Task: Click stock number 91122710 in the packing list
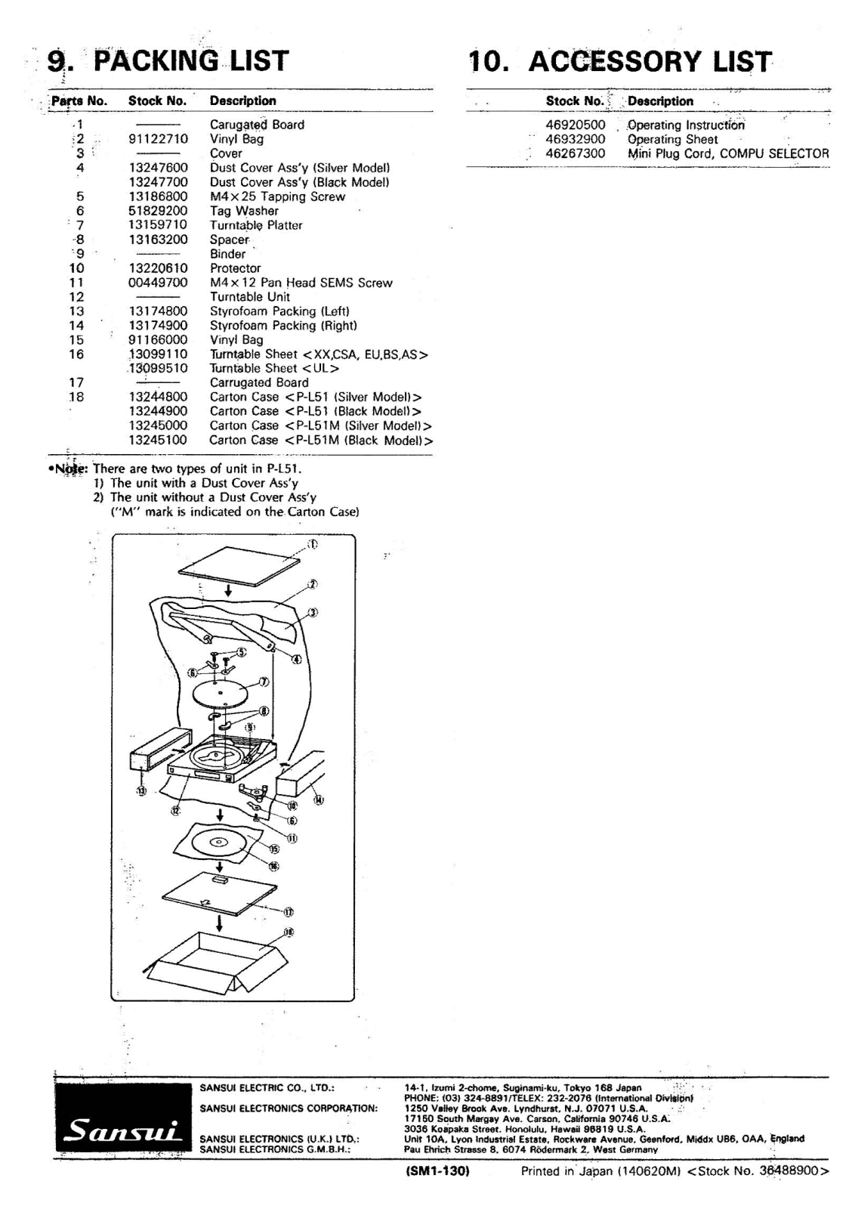click(158, 139)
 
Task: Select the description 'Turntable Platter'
click(256, 225)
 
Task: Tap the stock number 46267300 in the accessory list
click(575, 153)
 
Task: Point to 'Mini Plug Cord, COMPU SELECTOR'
click(728, 153)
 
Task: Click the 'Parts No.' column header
click(79, 100)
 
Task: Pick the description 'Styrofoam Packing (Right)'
click(283, 326)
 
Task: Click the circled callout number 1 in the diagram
click(313, 544)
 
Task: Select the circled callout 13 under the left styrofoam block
click(141, 790)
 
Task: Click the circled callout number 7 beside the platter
click(264, 681)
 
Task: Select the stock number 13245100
click(158, 440)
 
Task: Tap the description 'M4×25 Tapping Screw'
click(277, 196)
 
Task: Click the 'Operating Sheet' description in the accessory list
click(672, 139)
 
